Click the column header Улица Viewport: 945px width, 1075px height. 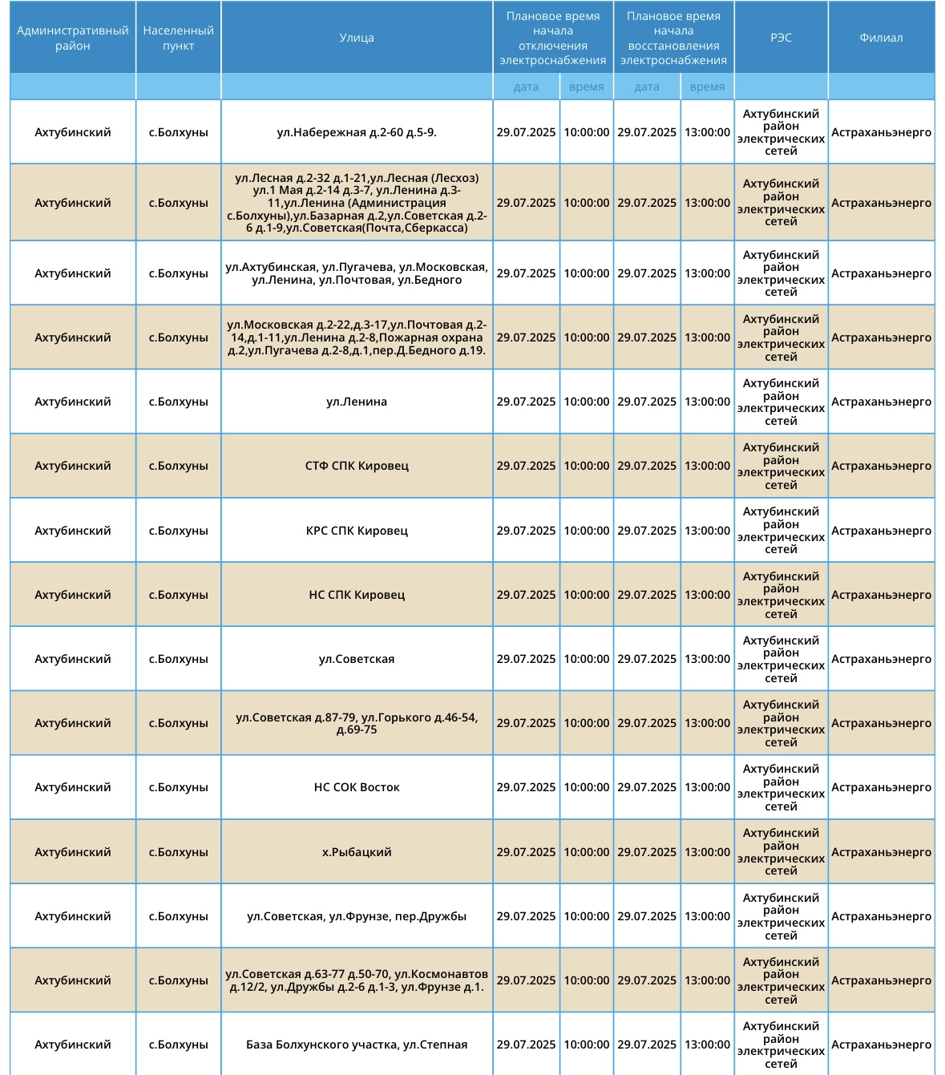pyautogui.click(x=357, y=38)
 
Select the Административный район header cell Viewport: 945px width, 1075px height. pyautogui.click(x=72, y=38)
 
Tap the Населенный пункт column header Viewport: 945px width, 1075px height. pyautogui.click(x=178, y=38)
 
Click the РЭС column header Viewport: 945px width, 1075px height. pyautogui.click(x=781, y=38)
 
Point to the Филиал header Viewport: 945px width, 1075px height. pyautogui.click(x=881, y=38)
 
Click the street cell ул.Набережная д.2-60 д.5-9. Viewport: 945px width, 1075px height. pyautogui.click(x=357, y=132)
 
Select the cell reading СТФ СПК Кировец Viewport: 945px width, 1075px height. pyautogui.click(x=357, y=466)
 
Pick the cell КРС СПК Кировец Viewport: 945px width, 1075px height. pyautogui.click(x=357, y=531)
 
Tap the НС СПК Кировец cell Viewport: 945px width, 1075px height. pyautogui.click(x=357, y=595)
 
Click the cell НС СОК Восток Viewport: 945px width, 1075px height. pyautogui.click(x=357, y=787)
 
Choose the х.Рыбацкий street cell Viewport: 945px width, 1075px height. pyautogui.click(x=357, y=852)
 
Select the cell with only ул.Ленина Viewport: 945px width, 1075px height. pyautogui.click(x=357, y=402)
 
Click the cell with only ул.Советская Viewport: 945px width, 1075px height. pyautogui.click(x=357, y=659)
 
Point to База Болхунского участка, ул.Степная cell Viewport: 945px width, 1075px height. pyautogui.click(x=357, y=1045)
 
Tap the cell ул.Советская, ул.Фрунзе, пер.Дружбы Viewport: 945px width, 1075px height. pyautogui.click(x=357, y=916)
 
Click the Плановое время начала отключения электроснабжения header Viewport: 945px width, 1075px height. pyautogui.click(x=552, y=38)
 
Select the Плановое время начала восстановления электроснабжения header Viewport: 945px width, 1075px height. pyautogui.click(x=673, y=38)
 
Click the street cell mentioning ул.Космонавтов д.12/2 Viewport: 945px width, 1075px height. pyautogui.click(x=357, y=980)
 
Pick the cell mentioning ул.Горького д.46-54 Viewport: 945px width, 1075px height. pyautogui.click(x=357, y=723)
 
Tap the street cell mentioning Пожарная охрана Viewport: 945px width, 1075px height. pyautogui.click(x=357, y=337)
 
